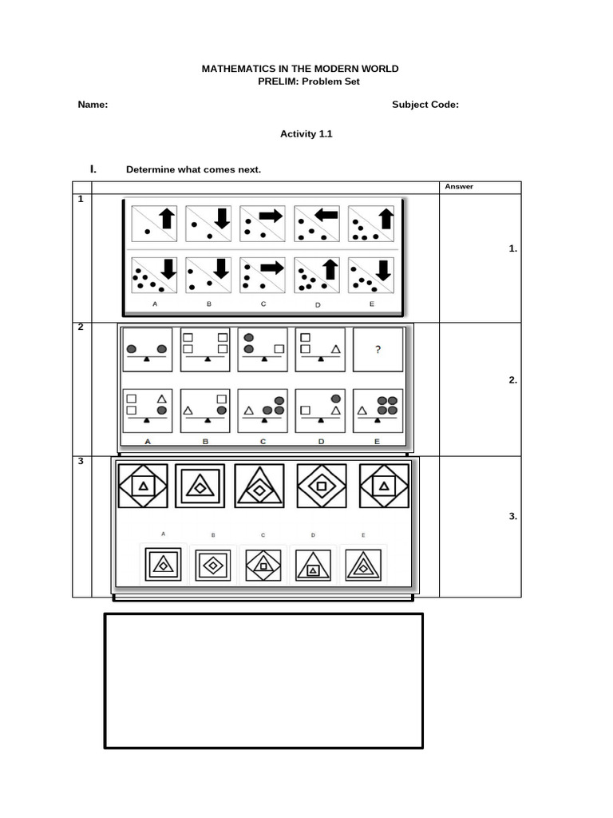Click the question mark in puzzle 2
378,348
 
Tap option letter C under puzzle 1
262,304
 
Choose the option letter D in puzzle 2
319,441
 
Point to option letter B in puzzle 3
213,534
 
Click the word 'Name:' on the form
93,105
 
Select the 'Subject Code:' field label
425,105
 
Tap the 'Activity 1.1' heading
306,134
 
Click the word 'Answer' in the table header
459,187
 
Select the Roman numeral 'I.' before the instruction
93,169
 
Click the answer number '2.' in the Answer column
512,380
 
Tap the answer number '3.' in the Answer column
512,517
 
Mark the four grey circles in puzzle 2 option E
386,405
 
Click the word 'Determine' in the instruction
149,169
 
